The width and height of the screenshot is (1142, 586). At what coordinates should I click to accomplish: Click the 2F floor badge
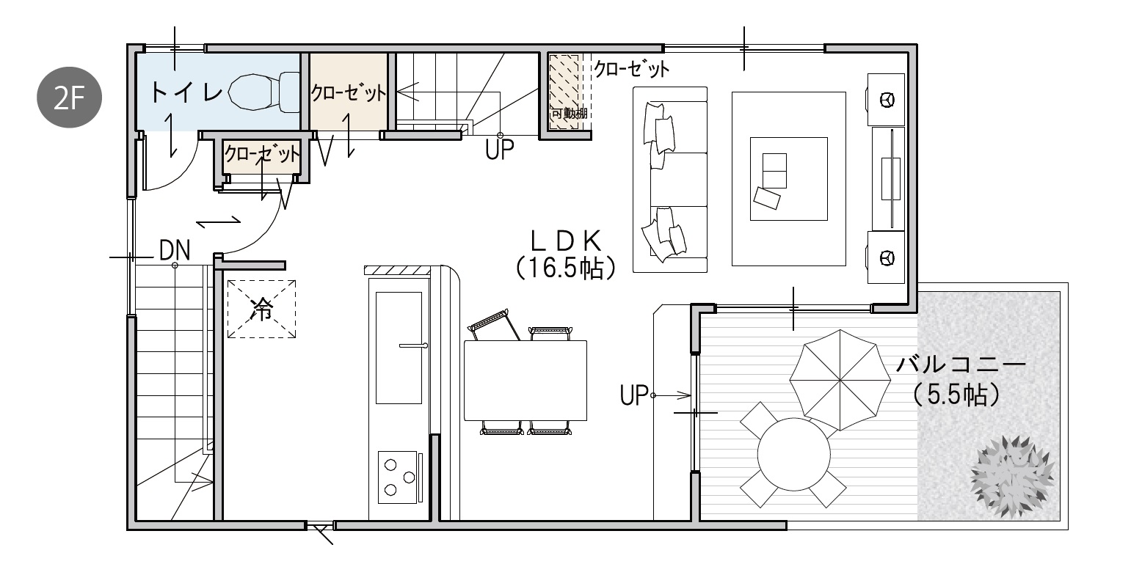[69, 97]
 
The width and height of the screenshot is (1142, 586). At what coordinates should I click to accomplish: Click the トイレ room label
[186, 92]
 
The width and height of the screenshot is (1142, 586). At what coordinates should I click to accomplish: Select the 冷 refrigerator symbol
[261, 309]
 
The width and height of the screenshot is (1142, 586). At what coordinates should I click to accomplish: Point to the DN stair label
[175, 250]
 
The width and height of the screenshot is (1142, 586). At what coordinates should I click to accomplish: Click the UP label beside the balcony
[633, 395]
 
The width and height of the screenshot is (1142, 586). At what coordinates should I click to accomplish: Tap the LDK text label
[566, 241]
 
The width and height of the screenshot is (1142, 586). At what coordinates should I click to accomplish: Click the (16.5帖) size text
[566, 268]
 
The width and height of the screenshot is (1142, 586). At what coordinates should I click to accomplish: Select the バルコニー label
[961, 365]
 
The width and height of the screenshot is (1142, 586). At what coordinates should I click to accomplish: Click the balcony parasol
[840, 380]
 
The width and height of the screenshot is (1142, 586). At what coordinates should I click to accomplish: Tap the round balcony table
[794, 454]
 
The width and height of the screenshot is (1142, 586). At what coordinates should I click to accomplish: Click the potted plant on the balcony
[1012, 477]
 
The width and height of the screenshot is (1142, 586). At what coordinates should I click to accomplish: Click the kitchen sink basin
[399, 348]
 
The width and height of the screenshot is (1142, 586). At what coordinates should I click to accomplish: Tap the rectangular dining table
[525, 380]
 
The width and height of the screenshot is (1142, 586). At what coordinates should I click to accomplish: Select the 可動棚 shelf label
[569, 114]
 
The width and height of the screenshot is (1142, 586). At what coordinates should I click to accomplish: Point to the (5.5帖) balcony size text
[956, 395]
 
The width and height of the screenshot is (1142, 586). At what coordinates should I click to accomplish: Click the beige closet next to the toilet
[349, 92]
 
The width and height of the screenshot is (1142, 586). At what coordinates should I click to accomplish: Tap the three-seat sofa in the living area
[670, 180]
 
